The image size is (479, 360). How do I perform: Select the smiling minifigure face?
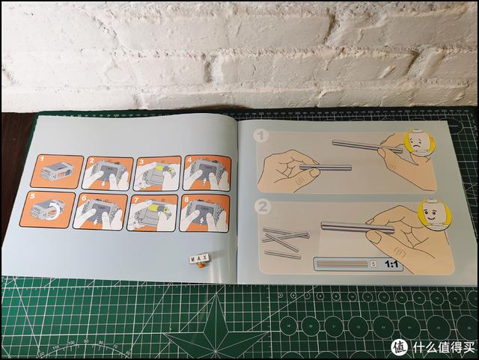pos(430,213)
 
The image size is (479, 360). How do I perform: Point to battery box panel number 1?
pos(57,171)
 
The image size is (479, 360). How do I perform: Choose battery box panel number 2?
pos(106,172)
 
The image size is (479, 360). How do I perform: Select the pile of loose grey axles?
pos(284,241)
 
